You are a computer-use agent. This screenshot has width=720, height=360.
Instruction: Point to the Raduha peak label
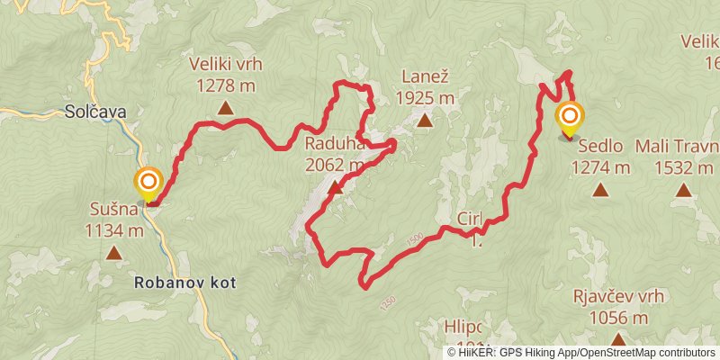tap(334, 144)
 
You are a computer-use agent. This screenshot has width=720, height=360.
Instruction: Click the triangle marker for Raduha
tap(337, 188)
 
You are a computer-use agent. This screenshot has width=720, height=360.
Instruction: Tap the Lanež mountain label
tap(424, 77)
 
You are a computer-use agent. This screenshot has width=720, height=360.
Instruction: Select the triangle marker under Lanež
tap(423, 120)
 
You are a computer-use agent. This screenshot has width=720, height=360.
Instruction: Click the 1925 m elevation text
tap(424, 97)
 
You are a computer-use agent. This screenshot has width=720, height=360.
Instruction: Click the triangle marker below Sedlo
tap(600, 190)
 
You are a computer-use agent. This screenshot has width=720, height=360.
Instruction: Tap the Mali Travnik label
tap(677, 146)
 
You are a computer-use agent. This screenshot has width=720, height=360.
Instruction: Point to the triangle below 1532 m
tap(685, 190)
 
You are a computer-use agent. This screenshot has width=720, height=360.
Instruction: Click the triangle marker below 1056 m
tap(617, 339)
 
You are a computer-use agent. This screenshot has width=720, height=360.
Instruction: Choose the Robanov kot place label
tap(184, 282)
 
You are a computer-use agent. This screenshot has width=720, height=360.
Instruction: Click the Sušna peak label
tap(113, 210)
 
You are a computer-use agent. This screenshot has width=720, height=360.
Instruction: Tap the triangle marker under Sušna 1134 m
tap(114, 253)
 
